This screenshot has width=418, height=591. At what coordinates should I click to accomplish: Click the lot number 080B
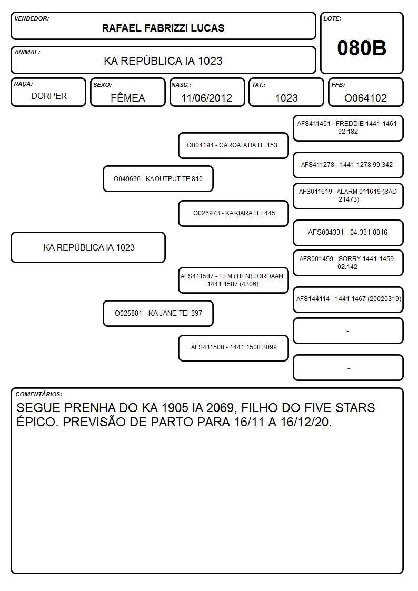(x=362, y=48)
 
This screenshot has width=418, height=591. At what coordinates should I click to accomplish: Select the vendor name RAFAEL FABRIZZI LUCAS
(x=163, y=28)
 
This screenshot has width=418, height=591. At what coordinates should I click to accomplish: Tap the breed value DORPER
(x=49, y=96)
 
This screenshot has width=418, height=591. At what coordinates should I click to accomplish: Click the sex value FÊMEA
(x=128, y=98)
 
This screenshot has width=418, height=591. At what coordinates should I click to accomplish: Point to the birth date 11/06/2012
(x=206, y=98)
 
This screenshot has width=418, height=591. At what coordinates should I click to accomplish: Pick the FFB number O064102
(x=365, y=98)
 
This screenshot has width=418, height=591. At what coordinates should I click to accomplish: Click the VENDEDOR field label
(x=32, y=18)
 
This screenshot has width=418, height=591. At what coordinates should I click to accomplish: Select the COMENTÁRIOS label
(x=39, y=394)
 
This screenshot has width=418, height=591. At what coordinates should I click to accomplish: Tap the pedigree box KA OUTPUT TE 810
(x=158, y=178)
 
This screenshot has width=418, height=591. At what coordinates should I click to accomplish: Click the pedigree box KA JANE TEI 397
(x=158, y=313)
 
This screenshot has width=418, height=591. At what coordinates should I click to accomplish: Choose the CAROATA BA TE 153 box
(x=233, y=145)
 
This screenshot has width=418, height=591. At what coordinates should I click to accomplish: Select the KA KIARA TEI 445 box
(x=233, y=213)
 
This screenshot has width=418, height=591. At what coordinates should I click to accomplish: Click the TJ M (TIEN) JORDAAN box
(x=233, y=280)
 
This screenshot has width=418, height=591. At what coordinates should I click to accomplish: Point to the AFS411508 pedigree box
(x=233, y=348)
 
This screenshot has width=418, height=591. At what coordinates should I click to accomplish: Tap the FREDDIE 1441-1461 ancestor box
(x=349, y=128)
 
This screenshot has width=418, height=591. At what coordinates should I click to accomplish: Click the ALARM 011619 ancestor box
(x=349, y=196)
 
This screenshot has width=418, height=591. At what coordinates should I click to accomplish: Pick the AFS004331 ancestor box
(x=349, y=233)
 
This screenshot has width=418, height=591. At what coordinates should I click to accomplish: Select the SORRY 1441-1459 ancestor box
(x=349, y=263)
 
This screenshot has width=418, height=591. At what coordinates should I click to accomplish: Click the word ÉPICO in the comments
(x=37, y=422)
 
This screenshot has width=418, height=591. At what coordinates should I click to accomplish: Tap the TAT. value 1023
(x=286, y=98)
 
